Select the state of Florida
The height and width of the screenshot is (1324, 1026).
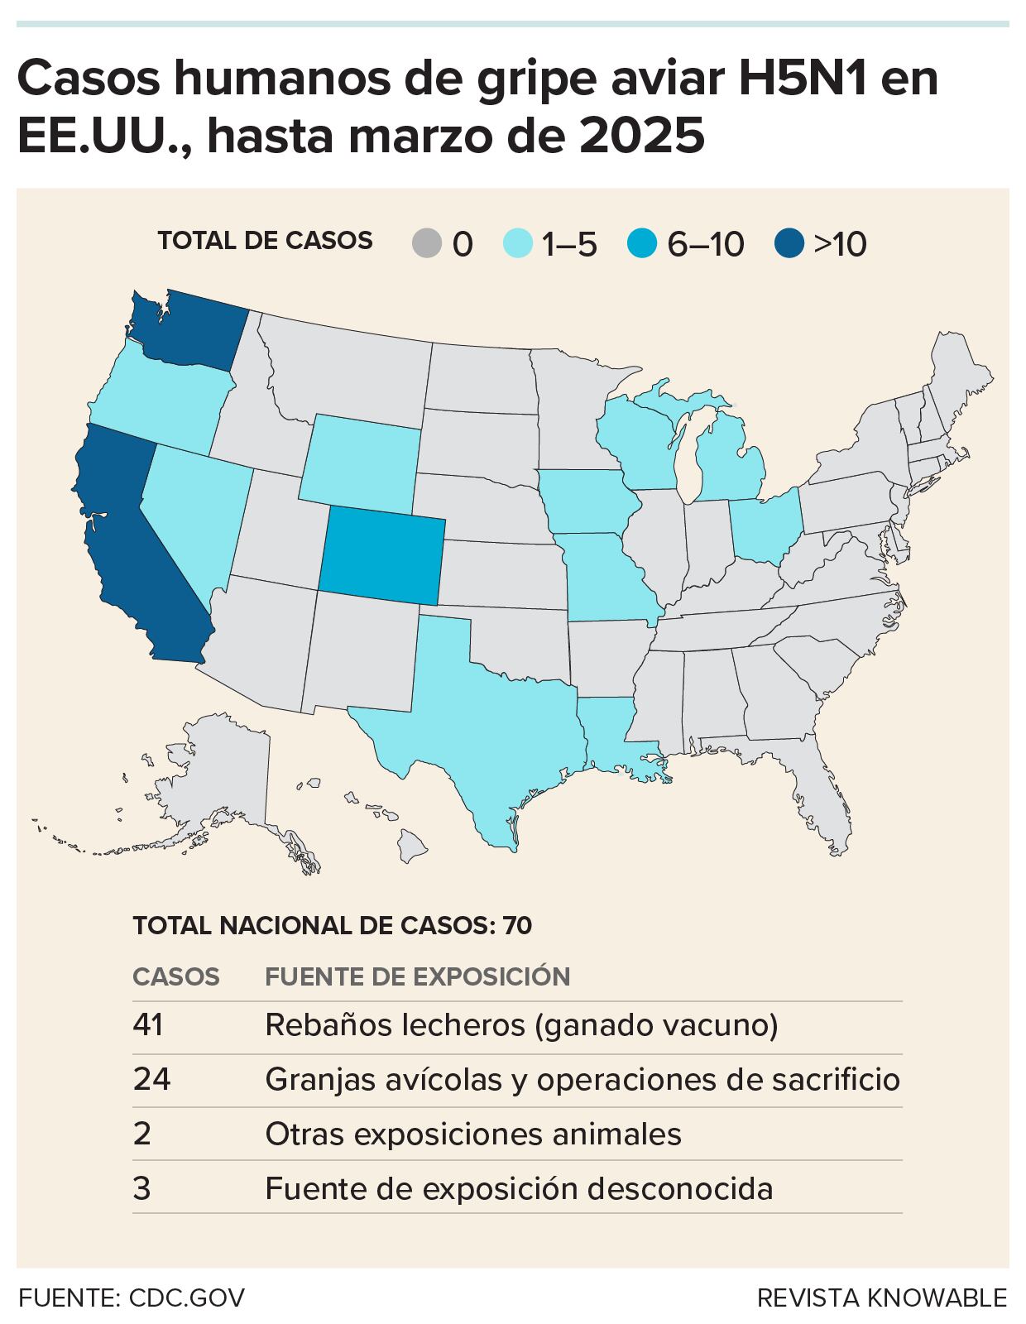click(x=819, y=794)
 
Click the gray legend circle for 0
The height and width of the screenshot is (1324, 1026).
click(x=427, y=244)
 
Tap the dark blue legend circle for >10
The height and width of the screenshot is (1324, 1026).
click(x=789, y=244)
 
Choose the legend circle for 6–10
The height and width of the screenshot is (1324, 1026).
click(x=642, y=244)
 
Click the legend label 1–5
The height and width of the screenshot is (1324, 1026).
click(x=568, y=245)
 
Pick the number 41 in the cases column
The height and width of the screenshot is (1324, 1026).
click(x=147, y=1025)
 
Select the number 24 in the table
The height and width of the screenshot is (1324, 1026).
click(x=151, y=1079)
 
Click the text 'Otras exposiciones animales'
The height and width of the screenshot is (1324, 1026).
click(x=472, y=1133)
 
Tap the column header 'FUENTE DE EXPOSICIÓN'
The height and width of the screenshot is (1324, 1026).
click(x=417, y=976)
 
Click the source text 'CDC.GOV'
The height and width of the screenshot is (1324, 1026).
click(x=187, y=1298)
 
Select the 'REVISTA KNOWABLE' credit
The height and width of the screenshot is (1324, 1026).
click(x=882, y=1298)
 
